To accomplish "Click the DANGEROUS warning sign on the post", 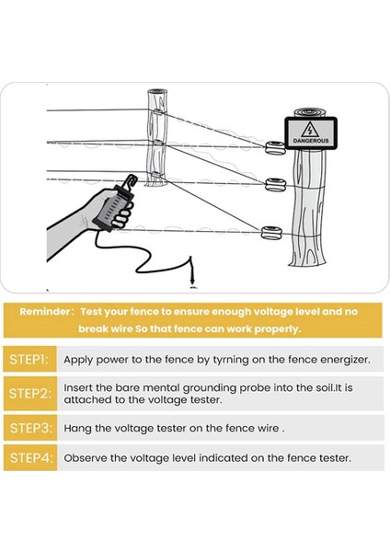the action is (311, 133).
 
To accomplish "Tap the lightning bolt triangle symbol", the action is (310, 130).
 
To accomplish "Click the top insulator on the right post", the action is (275, 148).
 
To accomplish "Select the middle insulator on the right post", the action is (276, 185).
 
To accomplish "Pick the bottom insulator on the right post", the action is (271, 233).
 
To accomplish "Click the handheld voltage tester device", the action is (113, 208).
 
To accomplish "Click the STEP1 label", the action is (29, 360).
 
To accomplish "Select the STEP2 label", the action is (30, 393).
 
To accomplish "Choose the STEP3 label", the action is (31, 428).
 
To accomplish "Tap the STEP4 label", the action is (31, 458).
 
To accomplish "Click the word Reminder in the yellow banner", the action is (45, 312).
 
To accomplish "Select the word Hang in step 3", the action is (77, 429).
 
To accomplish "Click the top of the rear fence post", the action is (157, 91).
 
